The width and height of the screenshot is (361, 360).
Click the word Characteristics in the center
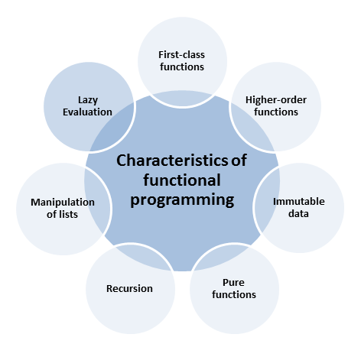coord(172,161)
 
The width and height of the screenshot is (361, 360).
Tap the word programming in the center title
coord(182,200)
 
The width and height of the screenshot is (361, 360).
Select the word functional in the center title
coord(182,180)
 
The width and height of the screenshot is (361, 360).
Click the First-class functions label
coord(182,61)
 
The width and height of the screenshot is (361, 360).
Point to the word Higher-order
coord(276,100)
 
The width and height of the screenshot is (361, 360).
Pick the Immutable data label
coord(299,207)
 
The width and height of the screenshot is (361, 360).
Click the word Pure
coord(233,283)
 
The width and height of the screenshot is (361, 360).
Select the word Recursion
coord(129,289)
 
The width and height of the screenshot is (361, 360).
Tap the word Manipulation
coord(63,203)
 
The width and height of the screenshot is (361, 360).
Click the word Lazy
coord(88,100)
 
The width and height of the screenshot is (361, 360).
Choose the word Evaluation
coord(87,112)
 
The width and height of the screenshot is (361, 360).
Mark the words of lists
coord(62,215)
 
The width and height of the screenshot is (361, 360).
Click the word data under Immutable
coord(298,213)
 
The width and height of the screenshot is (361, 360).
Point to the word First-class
coord(182,55)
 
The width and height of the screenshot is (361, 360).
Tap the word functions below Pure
coord(234,295)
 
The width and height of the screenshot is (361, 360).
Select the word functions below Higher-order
coord(276,112)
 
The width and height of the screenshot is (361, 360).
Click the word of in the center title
coord(239,161)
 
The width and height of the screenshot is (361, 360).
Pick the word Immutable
coord(299,202)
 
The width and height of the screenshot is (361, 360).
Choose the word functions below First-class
coord(182,67)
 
